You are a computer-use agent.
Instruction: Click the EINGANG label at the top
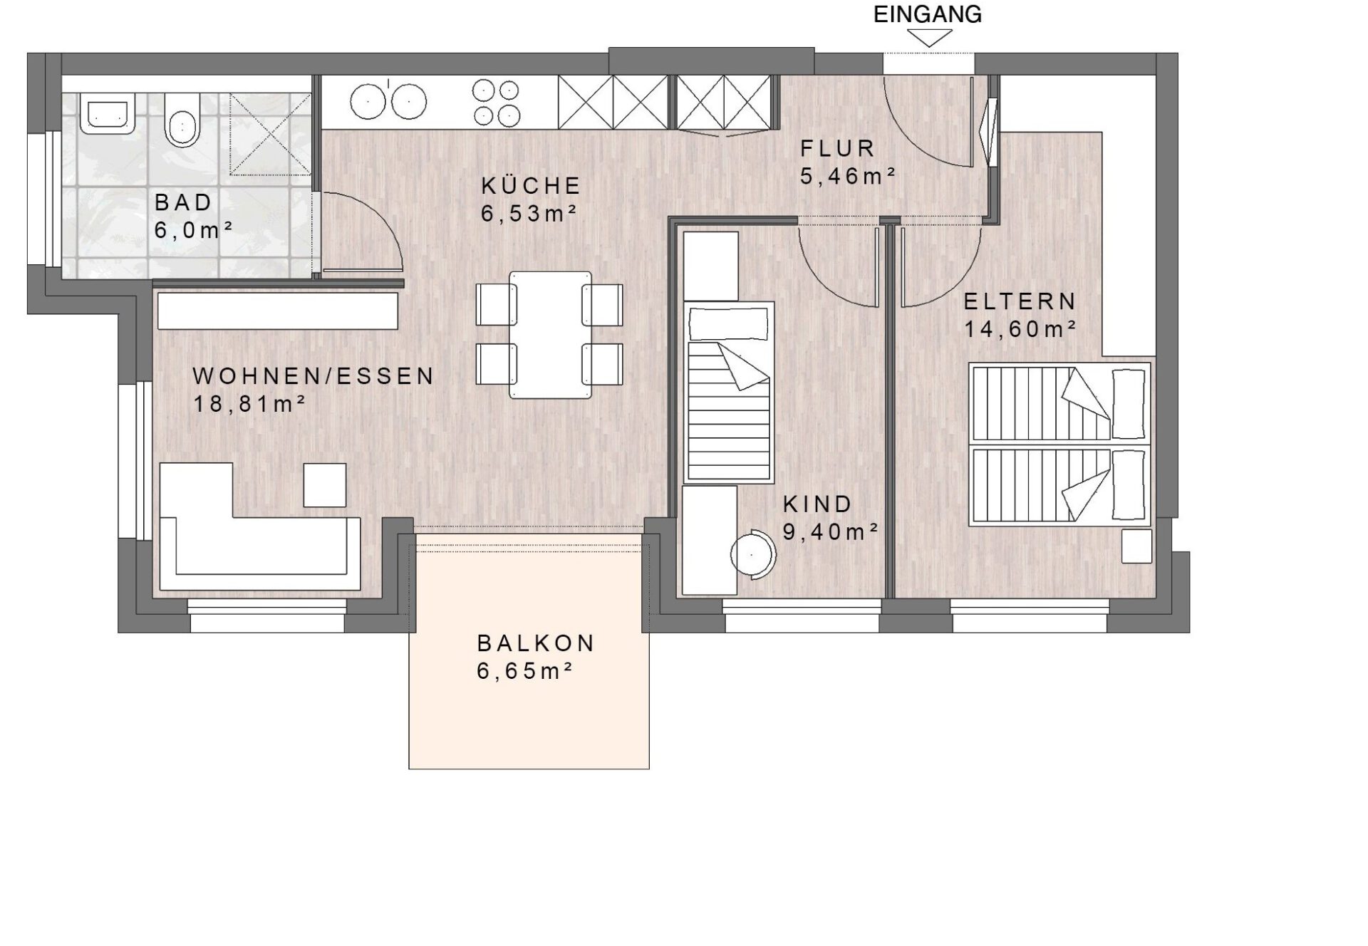point(928,14)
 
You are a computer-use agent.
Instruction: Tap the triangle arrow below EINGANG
point(929,38)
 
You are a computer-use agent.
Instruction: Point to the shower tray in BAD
point(271,134)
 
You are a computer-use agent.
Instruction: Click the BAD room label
point(184,202)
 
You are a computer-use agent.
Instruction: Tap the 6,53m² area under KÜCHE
point(529,213)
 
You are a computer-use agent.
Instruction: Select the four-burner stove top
point(496,103)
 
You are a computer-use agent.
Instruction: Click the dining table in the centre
point(550,335)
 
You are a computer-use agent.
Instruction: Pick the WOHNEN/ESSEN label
point(313,376)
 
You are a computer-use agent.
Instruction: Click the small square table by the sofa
point(325,485)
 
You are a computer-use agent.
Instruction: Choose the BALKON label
point(536,643)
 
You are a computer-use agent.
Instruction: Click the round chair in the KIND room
point(753,554)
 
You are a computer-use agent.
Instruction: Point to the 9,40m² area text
point(831,531)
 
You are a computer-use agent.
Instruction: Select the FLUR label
point(838,148)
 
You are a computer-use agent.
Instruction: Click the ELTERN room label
point(1020,301)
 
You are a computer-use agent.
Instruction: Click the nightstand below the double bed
point(1137,546)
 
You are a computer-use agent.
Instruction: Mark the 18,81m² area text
point(250,404)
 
